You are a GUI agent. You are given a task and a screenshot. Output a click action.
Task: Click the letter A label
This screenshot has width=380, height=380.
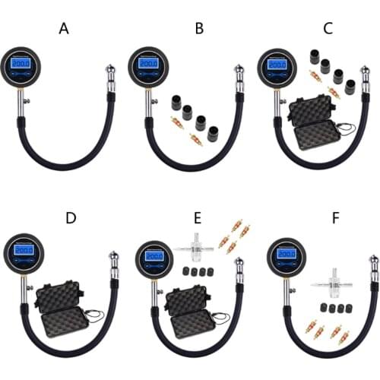(x=63, y=29)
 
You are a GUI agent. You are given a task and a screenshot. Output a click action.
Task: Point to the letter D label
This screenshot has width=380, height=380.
(x=71, y=218)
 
